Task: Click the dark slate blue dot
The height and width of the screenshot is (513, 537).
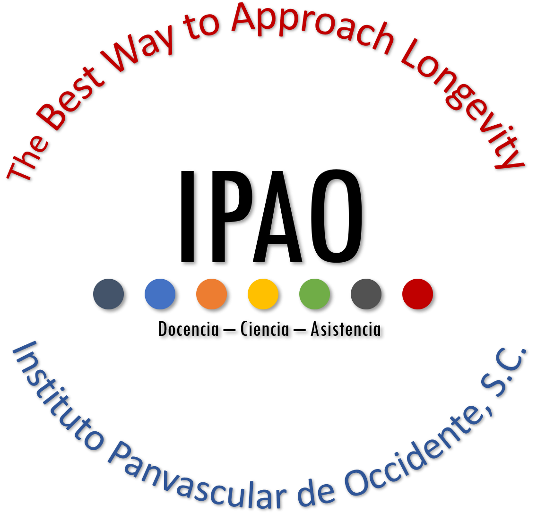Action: point(108,294)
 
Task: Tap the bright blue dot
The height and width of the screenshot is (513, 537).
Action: point(160,294)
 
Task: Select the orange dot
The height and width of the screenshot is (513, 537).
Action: point(211,294)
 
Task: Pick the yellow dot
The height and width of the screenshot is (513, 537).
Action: point(263,294)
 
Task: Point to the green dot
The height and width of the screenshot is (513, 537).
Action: point(314,294)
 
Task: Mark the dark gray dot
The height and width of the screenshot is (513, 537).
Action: point(366,294)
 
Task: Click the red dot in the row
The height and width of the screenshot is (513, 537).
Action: point(417,294)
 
